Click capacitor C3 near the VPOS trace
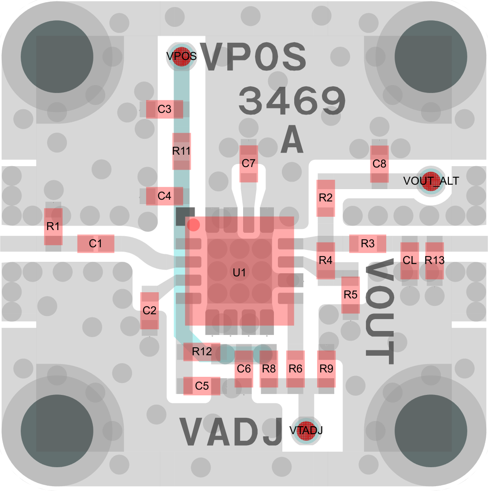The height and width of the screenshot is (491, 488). click(x=165, y=109)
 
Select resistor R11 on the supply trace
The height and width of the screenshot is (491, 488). click(x=181, y=151)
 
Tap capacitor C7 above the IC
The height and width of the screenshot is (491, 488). click(x=249, y=164)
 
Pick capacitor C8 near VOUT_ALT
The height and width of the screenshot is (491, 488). click(x=380, y=164)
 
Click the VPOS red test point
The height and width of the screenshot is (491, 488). click(x=181, y=56)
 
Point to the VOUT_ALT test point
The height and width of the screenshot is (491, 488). click(x=431, y=181)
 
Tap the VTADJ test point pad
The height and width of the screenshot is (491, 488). click(x=306, y=431)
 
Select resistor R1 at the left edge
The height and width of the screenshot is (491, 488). click(x=53, y=227)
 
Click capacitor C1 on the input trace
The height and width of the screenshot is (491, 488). click(x=96, y=244)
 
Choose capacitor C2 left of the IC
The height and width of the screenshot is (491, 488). click(x=150, y=311)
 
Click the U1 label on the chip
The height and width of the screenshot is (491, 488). click(x=239, y=273)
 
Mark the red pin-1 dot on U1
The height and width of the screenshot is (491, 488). click(x=193, y=225)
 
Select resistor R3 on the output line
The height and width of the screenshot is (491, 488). click(x=368, y=244)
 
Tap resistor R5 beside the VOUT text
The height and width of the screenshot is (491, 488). click(x=350, y=295)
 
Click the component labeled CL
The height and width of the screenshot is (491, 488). click(x=410, y=260)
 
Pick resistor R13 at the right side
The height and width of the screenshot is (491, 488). click(x=435, y=260)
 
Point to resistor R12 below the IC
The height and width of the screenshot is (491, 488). click(x=202, y=352)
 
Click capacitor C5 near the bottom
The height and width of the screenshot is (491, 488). click(x=202, y=386)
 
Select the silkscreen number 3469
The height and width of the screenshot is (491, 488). click(x=292, y=101)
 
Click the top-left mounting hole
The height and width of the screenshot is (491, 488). click(x=57, y=57)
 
